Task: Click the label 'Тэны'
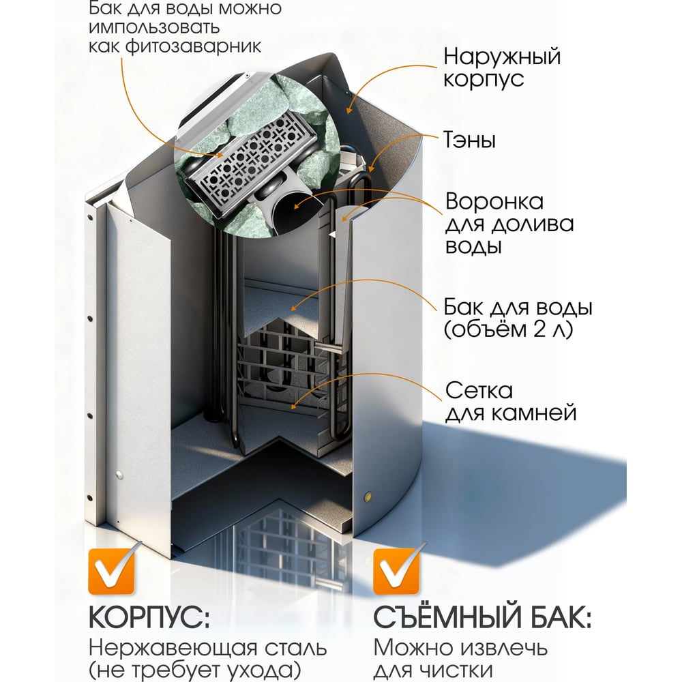pyautogui.click(x=469, y=140)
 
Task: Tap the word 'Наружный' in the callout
pyautogui.click(x=502, y=57)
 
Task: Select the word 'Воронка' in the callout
pyautogui.click(x=494, y=202)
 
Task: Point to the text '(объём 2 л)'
pyautogui.click(x=508, y=329)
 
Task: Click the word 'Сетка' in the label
pyautogui.click(x=479, y=391)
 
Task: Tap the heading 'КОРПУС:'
pyautogui.click(x=149, y=617)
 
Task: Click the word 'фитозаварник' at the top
pyautogui.click(x=193, y=46)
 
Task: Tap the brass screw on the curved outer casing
pyautogui.click(x=369, y=496)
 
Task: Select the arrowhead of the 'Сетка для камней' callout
pyautogui.click(x=293, y=405)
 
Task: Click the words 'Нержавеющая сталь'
pyautogui.click(x=207, y=648)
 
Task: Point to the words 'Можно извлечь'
pyautogui.click(x=460, y=648)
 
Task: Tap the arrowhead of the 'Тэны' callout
pyautogui.click(x=371, y=168)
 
